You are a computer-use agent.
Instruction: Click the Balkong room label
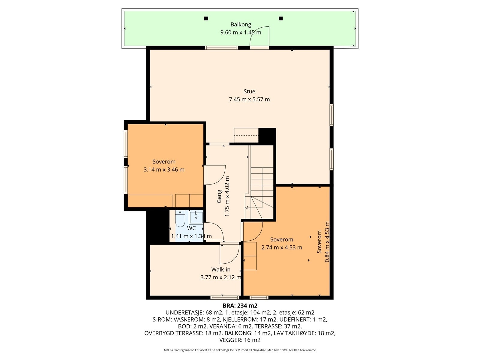[241, 25]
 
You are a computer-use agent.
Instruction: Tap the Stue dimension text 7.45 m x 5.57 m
[249, 100]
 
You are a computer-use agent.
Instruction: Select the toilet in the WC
[180, 219]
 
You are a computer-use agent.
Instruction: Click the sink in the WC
[196, 217]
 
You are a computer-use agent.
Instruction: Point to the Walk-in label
[220, 269]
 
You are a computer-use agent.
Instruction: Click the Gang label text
[219, 196]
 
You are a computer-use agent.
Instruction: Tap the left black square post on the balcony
[206, 19]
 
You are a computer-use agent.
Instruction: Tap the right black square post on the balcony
[281, 19]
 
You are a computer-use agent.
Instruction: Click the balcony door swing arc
[254, 33]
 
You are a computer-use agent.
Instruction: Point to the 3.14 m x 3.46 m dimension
[164, 169]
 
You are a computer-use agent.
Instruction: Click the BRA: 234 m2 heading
[240, 306]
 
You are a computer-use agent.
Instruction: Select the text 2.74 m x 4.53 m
[282, 247]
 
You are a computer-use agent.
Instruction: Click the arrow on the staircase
[254, 208]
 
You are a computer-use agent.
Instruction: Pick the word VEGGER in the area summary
[230, 340]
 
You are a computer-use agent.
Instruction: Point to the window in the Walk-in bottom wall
[225, 298]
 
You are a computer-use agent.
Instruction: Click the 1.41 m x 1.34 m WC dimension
[191, 236]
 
